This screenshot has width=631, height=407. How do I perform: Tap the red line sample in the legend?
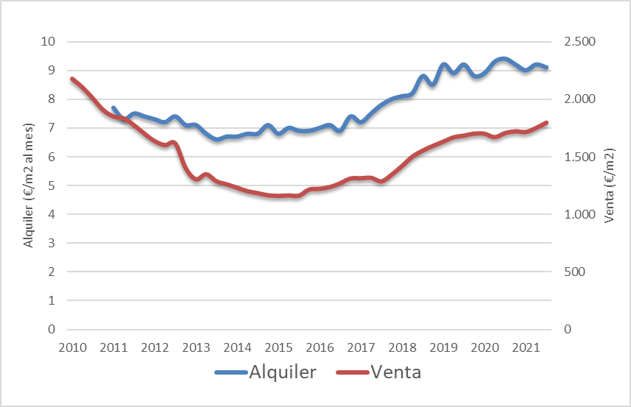pos(352,372)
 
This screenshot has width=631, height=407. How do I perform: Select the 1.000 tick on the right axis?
pos(580,214)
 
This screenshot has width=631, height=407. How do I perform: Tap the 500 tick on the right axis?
pos(575,272)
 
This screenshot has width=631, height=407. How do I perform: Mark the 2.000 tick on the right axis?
pos(580,99)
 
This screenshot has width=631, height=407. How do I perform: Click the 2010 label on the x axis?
pos(72,347)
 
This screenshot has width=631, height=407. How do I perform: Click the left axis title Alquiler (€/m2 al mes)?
pos(29,185)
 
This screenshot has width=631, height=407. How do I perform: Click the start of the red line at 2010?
pos(72,79)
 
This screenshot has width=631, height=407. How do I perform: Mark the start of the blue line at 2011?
pos(113,107)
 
